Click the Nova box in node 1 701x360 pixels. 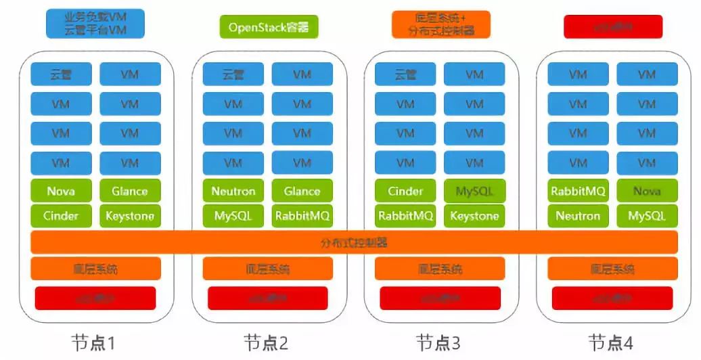click(61, 191)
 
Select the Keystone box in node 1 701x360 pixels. click(130, 217)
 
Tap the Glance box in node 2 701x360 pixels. click(302, 191)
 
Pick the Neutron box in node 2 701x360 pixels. click(233, 191)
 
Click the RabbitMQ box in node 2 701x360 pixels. click(302, 217)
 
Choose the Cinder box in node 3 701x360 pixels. click(405, 191)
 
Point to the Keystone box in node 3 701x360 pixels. click(474, 217)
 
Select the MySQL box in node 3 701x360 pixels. click(474, 191)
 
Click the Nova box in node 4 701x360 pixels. click(647, 191)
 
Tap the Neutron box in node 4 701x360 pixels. click(578, 217)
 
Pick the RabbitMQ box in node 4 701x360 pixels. click(578, 191)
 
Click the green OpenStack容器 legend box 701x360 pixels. click(269, 27)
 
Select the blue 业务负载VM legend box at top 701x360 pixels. click(95, 24)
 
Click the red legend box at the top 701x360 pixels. click(613, 27)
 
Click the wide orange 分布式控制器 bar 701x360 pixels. click(354, 242)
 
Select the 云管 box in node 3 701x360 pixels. click(405, 74)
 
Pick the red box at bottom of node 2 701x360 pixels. click(268, 298)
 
